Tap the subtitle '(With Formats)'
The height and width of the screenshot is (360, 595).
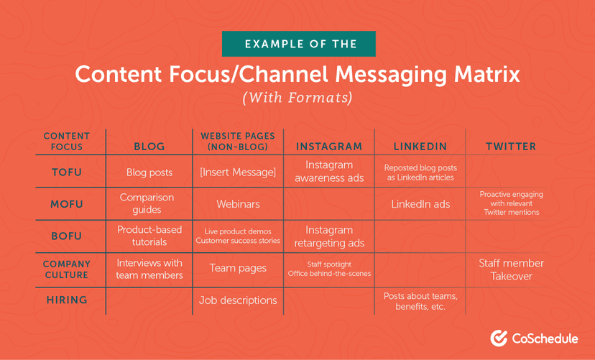click(x=297, y=96)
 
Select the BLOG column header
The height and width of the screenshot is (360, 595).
click(x=149, y=147)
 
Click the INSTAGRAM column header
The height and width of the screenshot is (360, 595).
click(x=329, y=147)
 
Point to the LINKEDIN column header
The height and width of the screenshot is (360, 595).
click(x=420, y=147)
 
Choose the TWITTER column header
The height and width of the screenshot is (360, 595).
click(x=511, y=147)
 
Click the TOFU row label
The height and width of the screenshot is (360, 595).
click(x=66, y=172)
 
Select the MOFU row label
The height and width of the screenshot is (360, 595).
click(x=66, y=204)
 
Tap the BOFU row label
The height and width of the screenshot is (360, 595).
click(x=66, y=236)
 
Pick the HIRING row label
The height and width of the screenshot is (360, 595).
click(x=66, y=300)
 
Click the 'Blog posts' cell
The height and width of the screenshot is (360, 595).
click(x=149, y=172)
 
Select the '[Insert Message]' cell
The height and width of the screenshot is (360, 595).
click(x=238, y=172)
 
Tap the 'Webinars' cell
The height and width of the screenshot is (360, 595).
click(x=238, y=204)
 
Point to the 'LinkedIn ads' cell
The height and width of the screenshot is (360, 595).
click(x=420, y=204)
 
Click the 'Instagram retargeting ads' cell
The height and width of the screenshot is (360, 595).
click(x=329, y=236)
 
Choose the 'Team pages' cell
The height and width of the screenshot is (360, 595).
click(x=238, y=268)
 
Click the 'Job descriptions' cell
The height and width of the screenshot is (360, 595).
click(x=238, y=300)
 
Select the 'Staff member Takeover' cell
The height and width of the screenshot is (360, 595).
click(x=511, y=269)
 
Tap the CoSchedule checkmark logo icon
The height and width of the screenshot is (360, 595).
click(x=499, y=338)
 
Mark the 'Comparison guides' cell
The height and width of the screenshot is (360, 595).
click(x=149, y=204)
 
